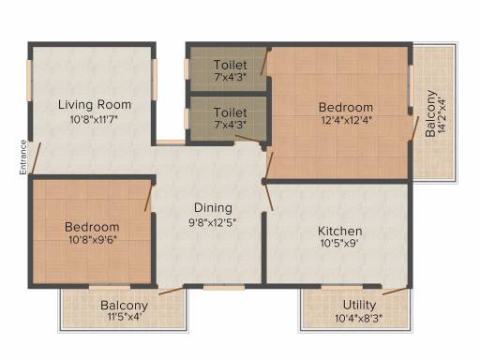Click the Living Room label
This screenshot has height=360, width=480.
(x=95, y=105)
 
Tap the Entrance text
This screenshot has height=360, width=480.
(x=22, y=157)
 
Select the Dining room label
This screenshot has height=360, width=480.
(x=213, y=208)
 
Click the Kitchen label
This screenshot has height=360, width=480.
(x=340, y=232)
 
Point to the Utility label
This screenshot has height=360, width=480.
(x=359, y=305)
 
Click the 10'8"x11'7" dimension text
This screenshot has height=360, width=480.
(x=94, y=119)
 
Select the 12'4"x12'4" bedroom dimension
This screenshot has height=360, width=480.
(x=347, y=120)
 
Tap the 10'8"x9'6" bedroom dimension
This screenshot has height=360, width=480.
(x=93, y=240)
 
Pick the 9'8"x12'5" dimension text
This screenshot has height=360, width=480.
(x=212, y=222)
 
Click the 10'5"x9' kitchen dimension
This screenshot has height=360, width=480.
(x=339, y=243)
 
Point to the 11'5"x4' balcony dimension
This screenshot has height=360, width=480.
(x=125, y=317)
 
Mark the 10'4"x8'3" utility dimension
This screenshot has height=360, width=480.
(x=359, y=319)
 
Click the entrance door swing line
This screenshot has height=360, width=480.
(x=36, y=158)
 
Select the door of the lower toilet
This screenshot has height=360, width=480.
(x=249, y=139)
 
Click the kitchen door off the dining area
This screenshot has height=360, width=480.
(x=268, y=197)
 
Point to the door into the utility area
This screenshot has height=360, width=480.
(x=396, y=291)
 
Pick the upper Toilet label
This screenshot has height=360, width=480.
(x=231, y=65)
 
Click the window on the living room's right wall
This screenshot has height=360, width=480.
(x=154, y=80)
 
